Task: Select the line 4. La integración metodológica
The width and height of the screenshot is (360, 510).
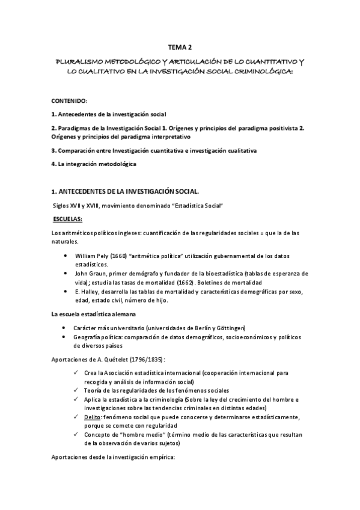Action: click(94, 164)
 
